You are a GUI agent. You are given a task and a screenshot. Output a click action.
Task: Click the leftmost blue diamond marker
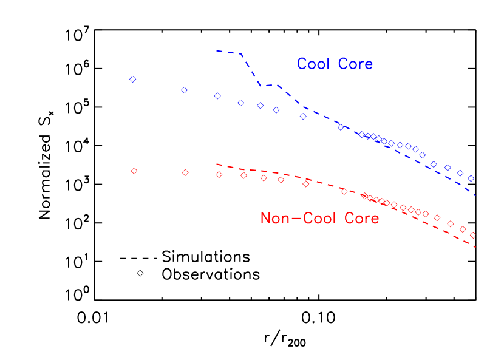pyautogui.click(x=133, y=80)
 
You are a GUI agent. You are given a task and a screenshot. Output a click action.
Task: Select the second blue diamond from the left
pyautogui.click(x=185, y=90)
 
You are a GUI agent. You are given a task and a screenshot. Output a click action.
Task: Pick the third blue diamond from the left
pyautogui.click(x=217, y=96)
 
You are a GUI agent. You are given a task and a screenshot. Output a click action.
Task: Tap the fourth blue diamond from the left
pyautogui.click(x=241, y=103)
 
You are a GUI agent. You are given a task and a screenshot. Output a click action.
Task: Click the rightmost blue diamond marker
pyautogui.click(x=471, y=178)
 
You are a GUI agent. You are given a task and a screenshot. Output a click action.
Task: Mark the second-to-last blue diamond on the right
pyautogui.click(x=460, y=173)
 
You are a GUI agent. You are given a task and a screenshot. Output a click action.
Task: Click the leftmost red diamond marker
pyautogui.click(x=134, y=171)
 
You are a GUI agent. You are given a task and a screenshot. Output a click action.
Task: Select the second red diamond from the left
pyautogui.click(x=185, y=172)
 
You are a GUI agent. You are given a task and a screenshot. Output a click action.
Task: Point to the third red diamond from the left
pyautogui.click(x=219, y=175)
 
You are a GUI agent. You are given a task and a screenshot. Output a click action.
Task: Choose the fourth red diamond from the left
pyautogui.click(x=244, y=176)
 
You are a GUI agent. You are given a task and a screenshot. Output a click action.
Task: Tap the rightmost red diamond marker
pyautogui.click(x=473, y=235)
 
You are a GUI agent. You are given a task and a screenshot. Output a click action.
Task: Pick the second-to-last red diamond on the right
pyautogui.click(x=463, y=229)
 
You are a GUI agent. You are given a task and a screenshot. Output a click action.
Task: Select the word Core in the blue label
pyautogui.click(x=355, y=64)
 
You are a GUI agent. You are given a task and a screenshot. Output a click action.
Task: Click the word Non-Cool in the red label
pyautogui.click(x=295, y=219)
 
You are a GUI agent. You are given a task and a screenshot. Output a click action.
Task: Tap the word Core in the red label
pyautogui.click(x=361, y=219)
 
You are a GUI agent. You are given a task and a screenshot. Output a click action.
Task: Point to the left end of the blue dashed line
pyautogui.click(x=216, y=50)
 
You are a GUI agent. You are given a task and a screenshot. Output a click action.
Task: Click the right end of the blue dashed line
pyautogui.click(x=475, y=195)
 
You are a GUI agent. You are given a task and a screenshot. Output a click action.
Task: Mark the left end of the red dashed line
pyautogui.click(x=216, y=164)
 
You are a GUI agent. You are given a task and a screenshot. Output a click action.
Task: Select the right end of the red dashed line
pyautogui.click(x=475, y=247)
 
